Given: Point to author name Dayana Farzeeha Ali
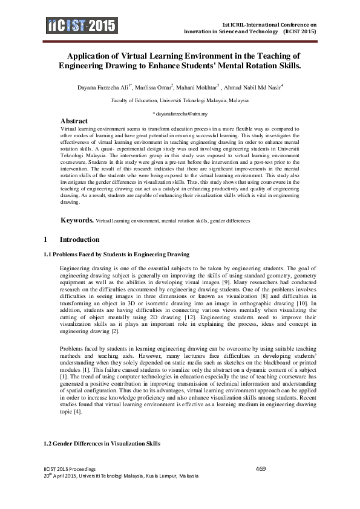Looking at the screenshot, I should click(100, 86).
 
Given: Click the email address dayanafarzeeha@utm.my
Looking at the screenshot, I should click(180, 114).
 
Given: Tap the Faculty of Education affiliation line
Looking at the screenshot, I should click(180, 100).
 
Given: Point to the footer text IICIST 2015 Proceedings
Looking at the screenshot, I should click(68, 470).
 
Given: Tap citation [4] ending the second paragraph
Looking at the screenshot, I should click(78, 412).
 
